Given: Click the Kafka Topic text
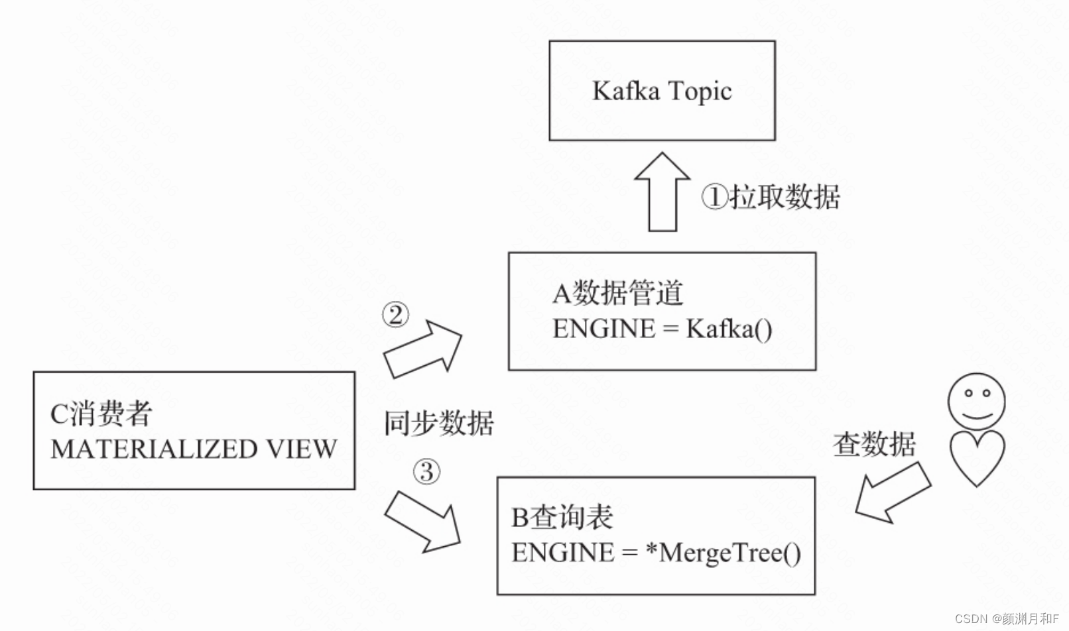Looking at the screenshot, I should pos(662,91).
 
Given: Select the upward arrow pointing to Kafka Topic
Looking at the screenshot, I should pos(662,192).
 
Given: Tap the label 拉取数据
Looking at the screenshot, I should pos(785,197).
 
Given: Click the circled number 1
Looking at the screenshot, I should pos(715,197).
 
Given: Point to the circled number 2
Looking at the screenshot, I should pos(395,315).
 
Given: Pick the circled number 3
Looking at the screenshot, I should pos(426,472).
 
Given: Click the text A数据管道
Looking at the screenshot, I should pos(617,293).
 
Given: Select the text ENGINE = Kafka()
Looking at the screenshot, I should pos(662,329).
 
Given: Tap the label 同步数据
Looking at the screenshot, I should pos(439,423).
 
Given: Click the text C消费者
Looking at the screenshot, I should pos(101,414).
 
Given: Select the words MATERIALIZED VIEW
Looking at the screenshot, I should pos(194,449).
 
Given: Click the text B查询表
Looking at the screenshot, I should pos(562,518).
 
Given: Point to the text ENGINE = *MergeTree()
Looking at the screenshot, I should pos(656,553).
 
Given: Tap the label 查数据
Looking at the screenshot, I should pos(874,443).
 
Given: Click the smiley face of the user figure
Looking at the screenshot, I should pos(976,401).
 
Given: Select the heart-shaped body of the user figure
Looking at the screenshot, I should pos(977,456).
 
